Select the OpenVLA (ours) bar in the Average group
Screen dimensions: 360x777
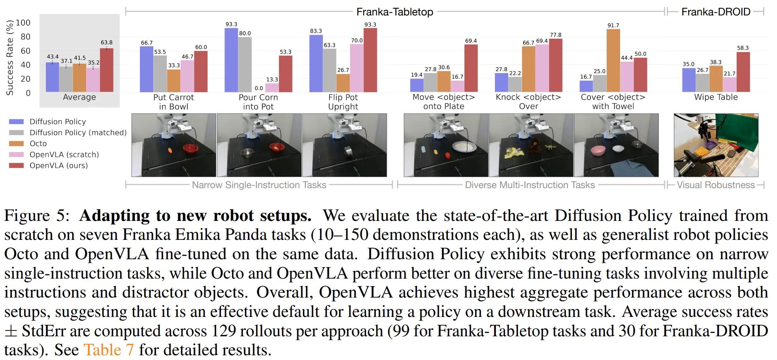click(107, 70)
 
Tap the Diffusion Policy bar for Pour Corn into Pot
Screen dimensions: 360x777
click(231, 60)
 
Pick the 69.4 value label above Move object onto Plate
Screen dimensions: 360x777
click(471, 41)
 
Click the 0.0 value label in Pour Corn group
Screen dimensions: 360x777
click(259, 88)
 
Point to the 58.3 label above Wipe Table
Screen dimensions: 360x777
click(743, 48)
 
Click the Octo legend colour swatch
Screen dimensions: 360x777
click(17, 143)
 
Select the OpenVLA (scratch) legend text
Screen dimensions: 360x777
click(64, 155)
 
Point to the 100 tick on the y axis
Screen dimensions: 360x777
click(23, 23)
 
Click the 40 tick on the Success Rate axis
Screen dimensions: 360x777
click(25, 64)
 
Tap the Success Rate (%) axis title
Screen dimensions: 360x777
click(9, 58)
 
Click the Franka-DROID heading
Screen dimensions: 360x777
click(715, 12)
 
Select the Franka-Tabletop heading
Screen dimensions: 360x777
click(394, 12)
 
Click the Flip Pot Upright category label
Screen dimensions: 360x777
click(343, 102)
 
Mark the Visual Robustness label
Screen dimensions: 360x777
click(715, 185)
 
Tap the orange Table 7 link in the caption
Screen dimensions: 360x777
click(109, 350)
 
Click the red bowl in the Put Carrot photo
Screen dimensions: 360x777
click(190, 148)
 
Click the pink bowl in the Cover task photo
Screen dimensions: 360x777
click(598, 151)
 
